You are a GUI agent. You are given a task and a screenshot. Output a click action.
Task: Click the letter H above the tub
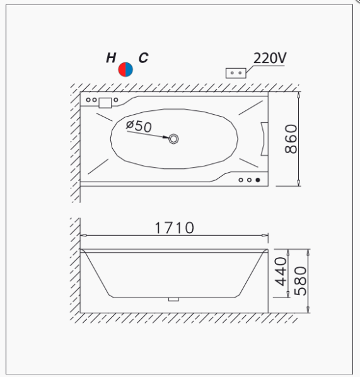point(111,58)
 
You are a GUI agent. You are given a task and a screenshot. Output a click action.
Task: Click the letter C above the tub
point(143,58)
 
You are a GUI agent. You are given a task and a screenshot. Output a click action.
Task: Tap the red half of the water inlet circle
point(122,69)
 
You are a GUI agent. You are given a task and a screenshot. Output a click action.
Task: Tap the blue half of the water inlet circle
point(129,69)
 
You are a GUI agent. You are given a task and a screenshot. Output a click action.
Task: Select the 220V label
point(270,58)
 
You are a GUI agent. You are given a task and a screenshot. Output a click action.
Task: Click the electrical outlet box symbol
point(236,73)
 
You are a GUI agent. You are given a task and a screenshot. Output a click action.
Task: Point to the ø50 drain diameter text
point(139,125)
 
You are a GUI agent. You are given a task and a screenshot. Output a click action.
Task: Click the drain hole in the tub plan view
point(173,139)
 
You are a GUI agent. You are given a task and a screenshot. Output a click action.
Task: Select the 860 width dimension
point(291,139)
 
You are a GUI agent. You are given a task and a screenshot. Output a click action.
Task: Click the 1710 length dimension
point(175,228)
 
